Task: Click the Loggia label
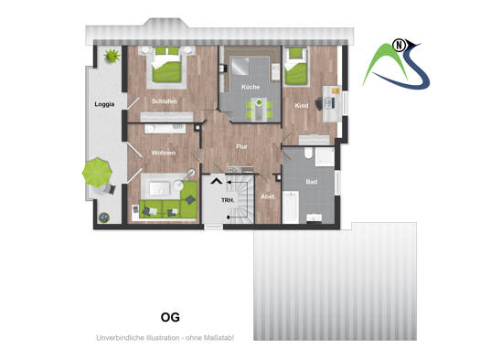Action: (x=104, y=104)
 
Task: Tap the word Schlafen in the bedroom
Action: (x=164, y=101)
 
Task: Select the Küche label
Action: (x=251, y=87)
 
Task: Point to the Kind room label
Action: (x=302, y=106)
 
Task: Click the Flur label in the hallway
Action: (x=241, y=147)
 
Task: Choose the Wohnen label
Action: (x=164, y=153)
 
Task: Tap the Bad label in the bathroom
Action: (x=312, y=182)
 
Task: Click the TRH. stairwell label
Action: (x=228, y=201)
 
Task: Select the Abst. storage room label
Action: (x=268, y=196)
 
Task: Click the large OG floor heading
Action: (x=170, y=317)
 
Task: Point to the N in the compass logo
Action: (x=399, y=46)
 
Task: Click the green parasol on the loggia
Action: (x=97, y=172)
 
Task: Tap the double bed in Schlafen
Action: (x=166, y=65)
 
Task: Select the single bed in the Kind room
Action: (x=295, y=67)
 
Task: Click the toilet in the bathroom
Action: (x=308, y=153)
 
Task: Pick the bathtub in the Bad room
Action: (x=290, y=207)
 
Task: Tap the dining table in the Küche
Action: (x=259, y=110)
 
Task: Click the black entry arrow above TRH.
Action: (x=217, y=181)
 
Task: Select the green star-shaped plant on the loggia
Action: (x=112, y=56)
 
